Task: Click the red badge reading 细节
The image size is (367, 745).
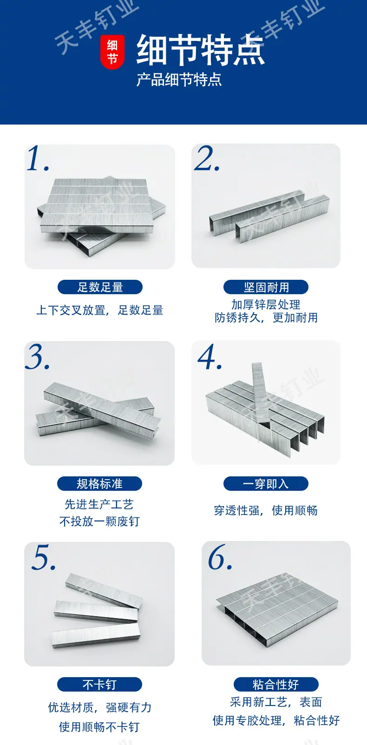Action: (112, 52)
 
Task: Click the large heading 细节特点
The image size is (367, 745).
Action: (201, 50)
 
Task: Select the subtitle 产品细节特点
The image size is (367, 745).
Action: (179, 80)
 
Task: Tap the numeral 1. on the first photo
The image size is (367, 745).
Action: (38, 158)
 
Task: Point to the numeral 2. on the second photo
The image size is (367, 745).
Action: (207, 158)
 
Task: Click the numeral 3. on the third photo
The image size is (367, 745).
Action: (38, 357)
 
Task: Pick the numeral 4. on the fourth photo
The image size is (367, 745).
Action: (210, 357)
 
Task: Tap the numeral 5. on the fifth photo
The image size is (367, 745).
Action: (44, 557)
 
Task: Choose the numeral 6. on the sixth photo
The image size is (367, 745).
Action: (220, 557)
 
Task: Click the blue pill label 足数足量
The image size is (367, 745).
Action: (100, 287)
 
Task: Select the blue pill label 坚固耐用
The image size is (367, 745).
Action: (266, 287)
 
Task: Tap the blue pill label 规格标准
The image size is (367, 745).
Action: (100, 484)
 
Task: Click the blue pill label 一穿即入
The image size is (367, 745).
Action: (266, 484)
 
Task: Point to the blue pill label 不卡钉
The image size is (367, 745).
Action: (100, 684)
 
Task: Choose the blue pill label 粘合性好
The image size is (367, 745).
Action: (276, 684)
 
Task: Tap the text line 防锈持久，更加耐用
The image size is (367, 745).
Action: (266, 317)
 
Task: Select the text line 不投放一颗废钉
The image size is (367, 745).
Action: (99, 521)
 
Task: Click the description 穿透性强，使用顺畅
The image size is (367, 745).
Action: (266, 510)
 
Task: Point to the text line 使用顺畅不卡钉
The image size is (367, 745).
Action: (99, 727)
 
